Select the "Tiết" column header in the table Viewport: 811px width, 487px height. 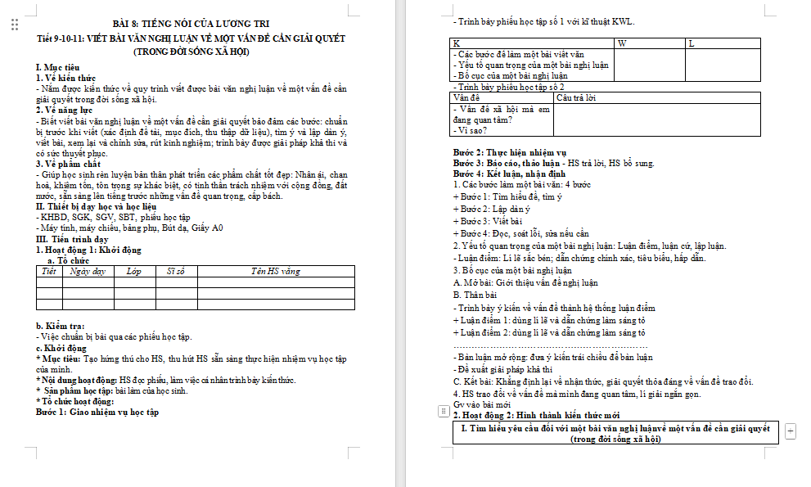[48, 270]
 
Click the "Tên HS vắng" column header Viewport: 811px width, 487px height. [275, 270]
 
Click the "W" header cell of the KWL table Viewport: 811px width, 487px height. [622, 43]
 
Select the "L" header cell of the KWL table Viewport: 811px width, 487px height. [692, 43]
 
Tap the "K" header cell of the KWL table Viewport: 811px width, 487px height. [457, 43]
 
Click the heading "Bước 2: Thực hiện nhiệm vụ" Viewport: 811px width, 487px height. [510, 152]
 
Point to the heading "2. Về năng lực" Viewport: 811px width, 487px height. [64, 109]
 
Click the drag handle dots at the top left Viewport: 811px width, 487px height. [15, 25]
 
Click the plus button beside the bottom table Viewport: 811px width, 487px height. [790, 431]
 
